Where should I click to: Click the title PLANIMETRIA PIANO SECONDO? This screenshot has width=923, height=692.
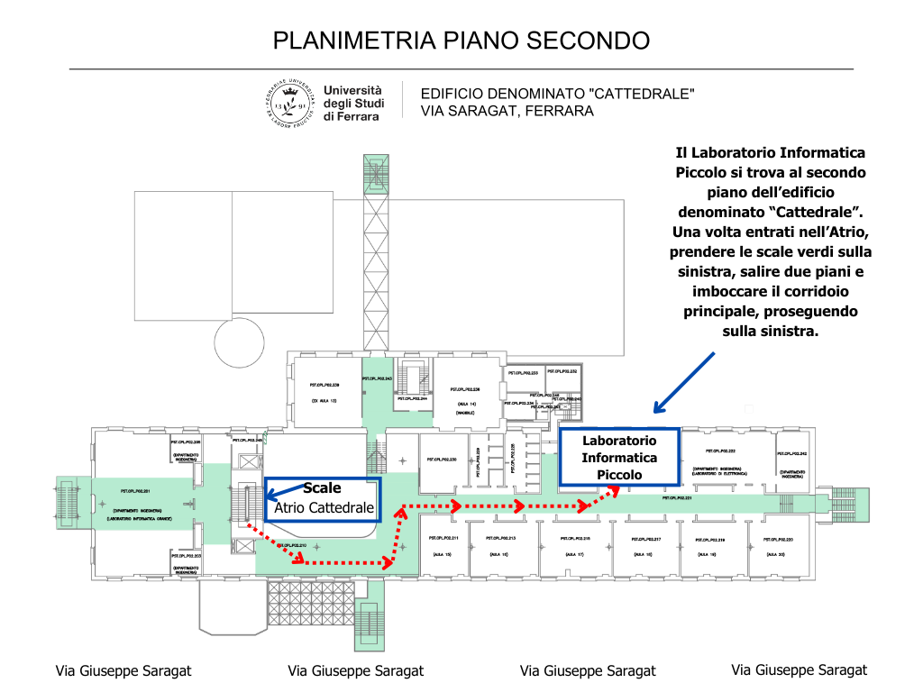(x=461, y=41)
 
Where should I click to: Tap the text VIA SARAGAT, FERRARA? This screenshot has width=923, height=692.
(x=507, y=112)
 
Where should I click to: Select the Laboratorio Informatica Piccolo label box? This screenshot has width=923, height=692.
(x=618, y=458)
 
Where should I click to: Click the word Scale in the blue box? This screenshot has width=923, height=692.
(x=322, y=488)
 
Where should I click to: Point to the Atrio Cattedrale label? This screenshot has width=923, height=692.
(x=324, y=508)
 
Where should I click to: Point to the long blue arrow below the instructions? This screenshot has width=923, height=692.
(x=684, y=382)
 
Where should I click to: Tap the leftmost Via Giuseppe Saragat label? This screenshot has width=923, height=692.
(x=123, y=671)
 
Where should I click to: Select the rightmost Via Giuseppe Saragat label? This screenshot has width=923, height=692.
(x=799, y=669)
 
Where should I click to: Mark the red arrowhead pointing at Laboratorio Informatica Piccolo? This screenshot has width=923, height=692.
(x=615, y=488)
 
